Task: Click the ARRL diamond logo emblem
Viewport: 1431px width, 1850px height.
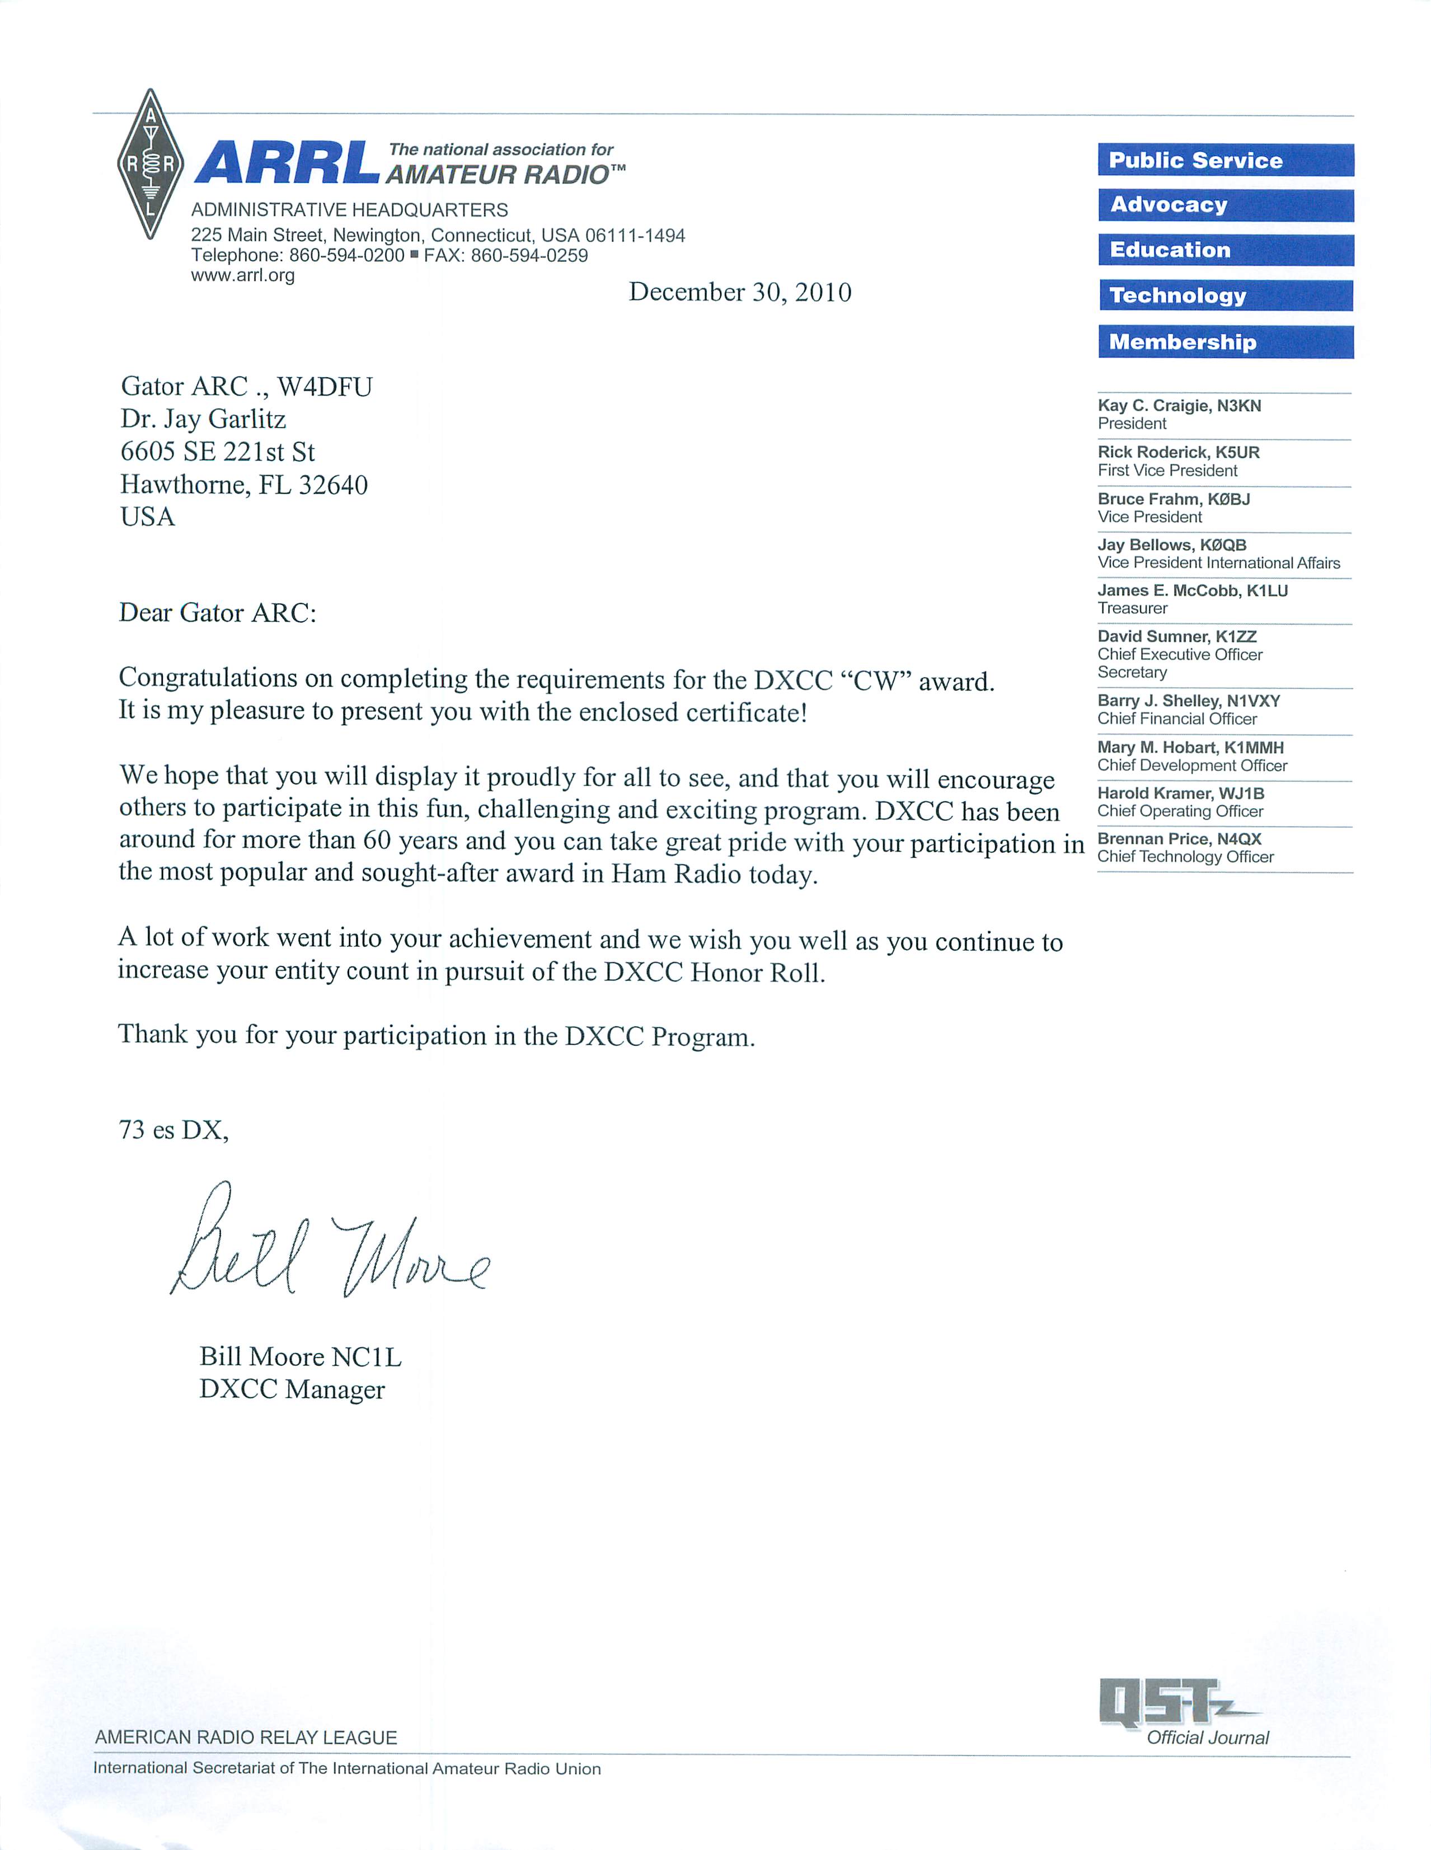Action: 150,163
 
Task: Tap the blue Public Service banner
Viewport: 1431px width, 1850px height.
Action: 1225,160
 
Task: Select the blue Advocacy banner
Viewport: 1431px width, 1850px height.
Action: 1225,205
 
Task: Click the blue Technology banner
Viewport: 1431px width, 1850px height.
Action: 1225,295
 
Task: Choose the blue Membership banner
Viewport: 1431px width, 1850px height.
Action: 1225,342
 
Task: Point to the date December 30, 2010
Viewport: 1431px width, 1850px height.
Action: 740,292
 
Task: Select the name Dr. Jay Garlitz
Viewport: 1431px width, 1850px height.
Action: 203,419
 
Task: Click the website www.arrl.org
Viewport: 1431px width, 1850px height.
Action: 242,275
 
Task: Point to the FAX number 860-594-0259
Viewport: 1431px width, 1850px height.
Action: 531,256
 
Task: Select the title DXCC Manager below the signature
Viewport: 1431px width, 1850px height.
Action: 292,1389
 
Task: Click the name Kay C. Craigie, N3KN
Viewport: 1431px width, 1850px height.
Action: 1179,406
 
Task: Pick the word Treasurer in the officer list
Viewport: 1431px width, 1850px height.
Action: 1132,608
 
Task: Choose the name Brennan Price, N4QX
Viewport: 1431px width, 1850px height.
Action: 1179,839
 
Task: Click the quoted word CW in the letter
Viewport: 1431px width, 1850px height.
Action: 875,681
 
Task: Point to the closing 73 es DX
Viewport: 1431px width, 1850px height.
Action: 173,1130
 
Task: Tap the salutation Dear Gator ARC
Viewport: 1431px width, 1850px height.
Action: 217,612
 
